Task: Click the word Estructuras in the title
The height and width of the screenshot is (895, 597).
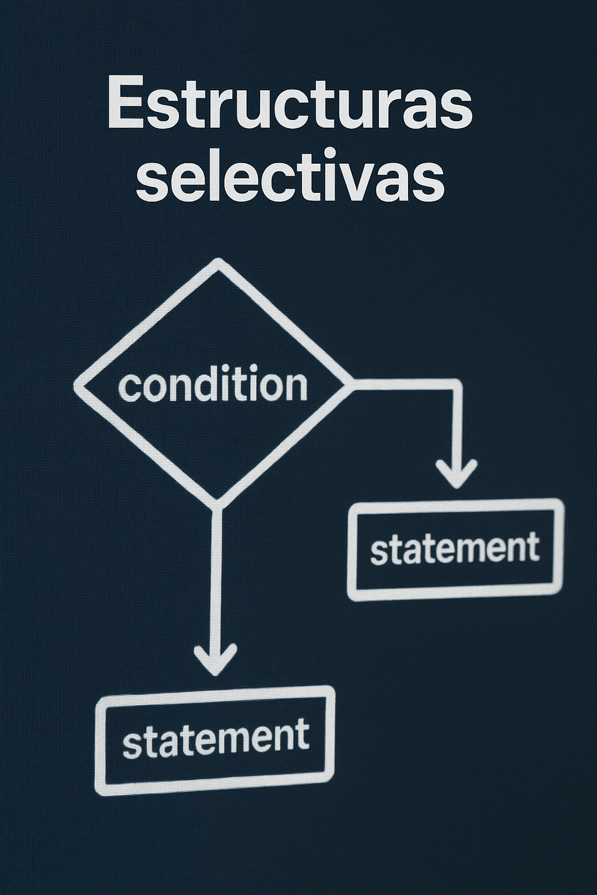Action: [289, 104]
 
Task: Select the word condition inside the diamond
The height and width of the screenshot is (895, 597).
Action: [213, 385]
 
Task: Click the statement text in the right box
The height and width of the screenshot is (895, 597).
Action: [454, 549]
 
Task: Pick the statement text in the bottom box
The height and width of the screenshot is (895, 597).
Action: [216, 738]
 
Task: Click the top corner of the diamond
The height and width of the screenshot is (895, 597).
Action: [218, 263]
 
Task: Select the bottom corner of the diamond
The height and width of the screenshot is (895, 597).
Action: [216, 503]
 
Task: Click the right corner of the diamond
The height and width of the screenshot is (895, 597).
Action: [350, 384]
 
